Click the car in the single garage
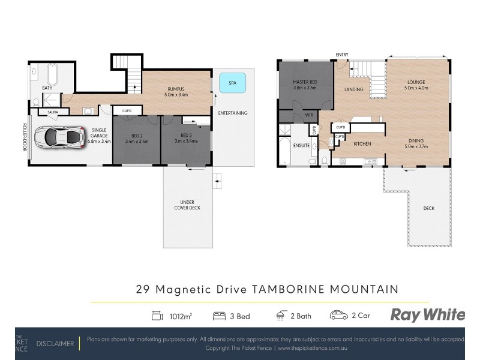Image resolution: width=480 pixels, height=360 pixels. pyautogui.click(x=58, y=137)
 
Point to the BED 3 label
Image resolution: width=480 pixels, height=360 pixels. pyautogui.click(x=185, y=136)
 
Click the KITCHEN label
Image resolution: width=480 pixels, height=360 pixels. pyautogui.click(x=362, y=144)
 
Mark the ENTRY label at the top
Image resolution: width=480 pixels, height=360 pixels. pyautogui.click(x=342, y=55)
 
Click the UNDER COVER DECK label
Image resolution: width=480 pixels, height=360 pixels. pyautogui.click(x=188, y=205)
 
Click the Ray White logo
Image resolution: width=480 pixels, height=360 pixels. pyautogui.click(x=427, y=315)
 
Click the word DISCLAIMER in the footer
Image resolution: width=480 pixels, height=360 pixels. pyautogui.click(x=55, y=344)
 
